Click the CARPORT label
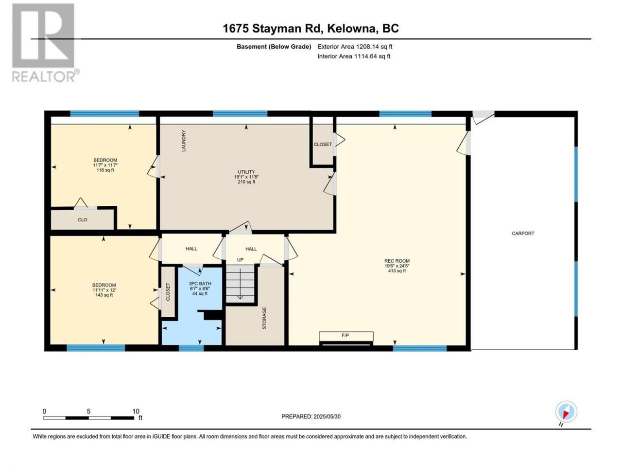click(523, 233)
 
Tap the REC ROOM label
click(397, 261)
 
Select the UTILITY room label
click(246, 172)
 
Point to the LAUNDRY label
click(184, 141)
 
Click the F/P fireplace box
click(346, 336)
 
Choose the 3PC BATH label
click(200, 284)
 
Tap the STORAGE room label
click(264, 318)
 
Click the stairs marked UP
click(241, 284)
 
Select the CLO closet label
click(83, 220)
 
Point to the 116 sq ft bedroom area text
click(105, 170)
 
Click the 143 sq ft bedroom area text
click(104, 295)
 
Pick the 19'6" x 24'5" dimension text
click(397, 266)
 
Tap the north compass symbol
click(566, 412)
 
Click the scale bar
click(88, 418)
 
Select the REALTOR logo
click(45, 42)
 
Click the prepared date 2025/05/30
click(327, 416)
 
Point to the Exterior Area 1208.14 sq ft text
click(355, 47)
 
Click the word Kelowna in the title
click(352, 29)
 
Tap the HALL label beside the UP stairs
click(251, 249)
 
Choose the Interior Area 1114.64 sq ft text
click(354, 56)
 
